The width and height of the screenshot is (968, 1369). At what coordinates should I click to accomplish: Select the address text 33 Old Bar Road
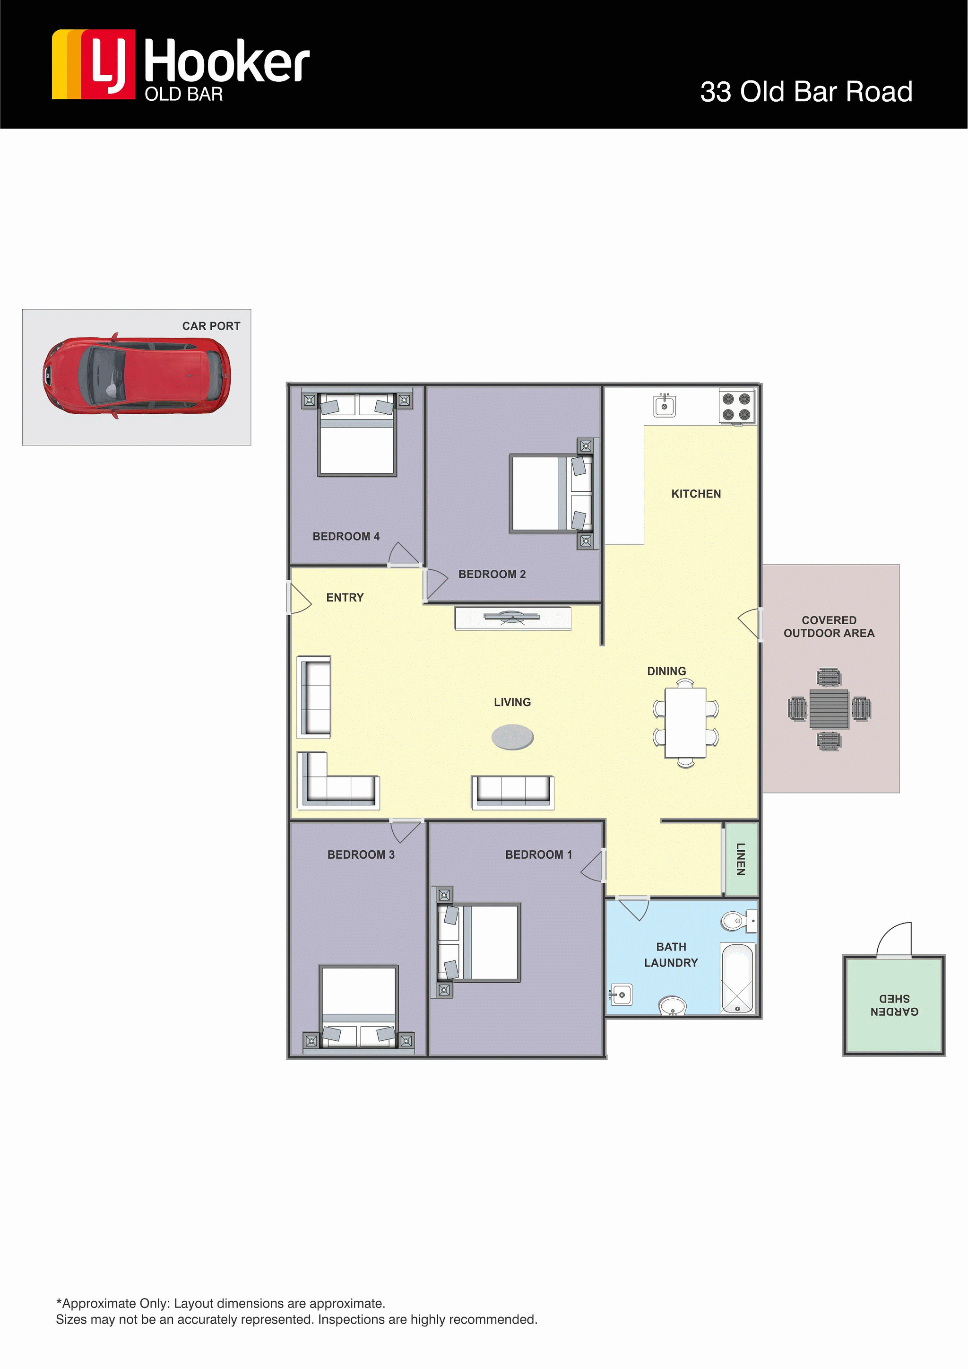pyautogui.click(x=806, y=92)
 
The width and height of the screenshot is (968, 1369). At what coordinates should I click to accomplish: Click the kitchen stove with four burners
pyautogui.click(x=737, y=407)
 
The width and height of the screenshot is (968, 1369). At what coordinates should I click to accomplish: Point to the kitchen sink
pyautogui.click(x=665, y=405)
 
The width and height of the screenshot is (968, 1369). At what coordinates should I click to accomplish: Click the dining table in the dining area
pyautogui.click(x=685, y=723)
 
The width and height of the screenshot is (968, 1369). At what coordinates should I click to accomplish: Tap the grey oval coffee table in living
pyautogui.click(x=513, y=737)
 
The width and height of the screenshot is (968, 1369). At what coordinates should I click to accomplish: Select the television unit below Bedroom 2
pyautogui.click(x=513, y=619)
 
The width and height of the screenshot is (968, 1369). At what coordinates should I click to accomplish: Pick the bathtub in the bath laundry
pyautogui.click(x=737, y=978)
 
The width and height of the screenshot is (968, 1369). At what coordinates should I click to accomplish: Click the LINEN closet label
pyautogui.click(x=741, y=859)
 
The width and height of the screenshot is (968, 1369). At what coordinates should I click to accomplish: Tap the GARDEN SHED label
pyautogui.click(x=894, y=1005)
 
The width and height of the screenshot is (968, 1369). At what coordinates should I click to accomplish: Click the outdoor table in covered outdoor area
pyautogui.click(x=829, y=709)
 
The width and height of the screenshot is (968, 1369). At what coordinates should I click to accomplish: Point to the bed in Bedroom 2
pyautogui.click(x=552, y=493)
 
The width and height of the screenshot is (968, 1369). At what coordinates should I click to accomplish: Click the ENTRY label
pyautogui.click(x=345, y=597)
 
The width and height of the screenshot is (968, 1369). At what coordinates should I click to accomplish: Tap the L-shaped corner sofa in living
pyautogui.click(x=337, y=781)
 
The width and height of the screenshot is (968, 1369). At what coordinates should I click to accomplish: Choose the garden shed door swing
pyautogui.click(x=894, y=939)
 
